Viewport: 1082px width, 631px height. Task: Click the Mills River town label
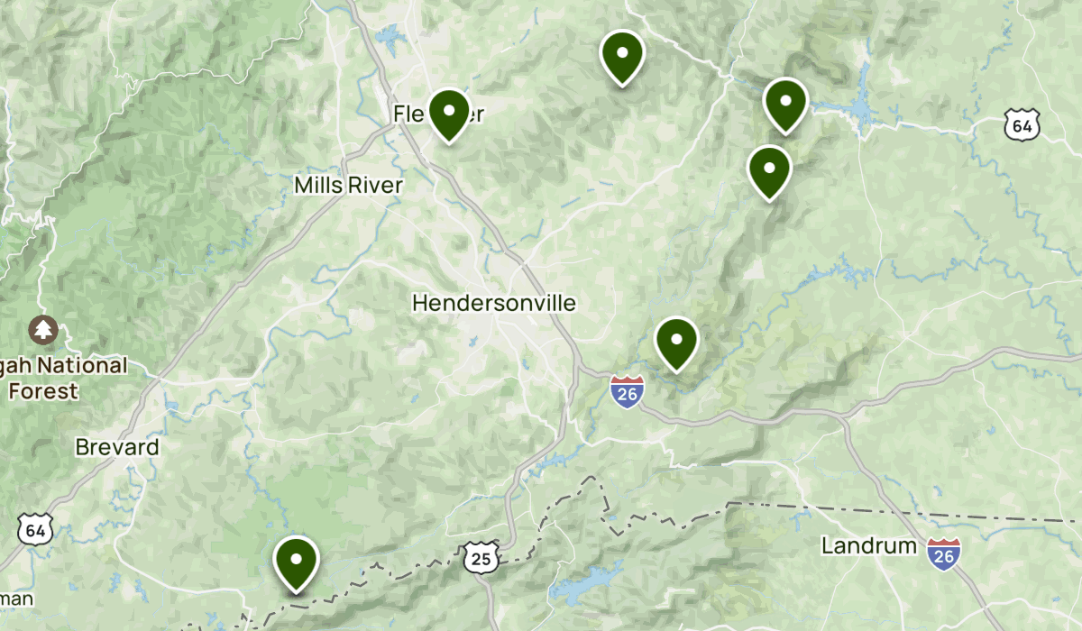pyautogui.click(x=348, y=185)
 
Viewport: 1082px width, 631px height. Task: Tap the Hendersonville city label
pyautogui.click(x=493, y=303)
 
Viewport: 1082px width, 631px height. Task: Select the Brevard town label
pyautogui.click(x=117, y=447)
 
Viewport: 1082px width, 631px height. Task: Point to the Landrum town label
pyautogui.click(x=869, y=545)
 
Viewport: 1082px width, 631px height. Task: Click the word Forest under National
pyautogui.click(x=43, y=391)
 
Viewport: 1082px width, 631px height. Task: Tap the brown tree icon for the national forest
pyautogui.click(x=42, y=330)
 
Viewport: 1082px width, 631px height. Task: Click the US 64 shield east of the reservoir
pyautogui.click(x=1022, y=125)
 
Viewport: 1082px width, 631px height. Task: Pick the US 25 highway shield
pyautogui.click(x=481, y=559)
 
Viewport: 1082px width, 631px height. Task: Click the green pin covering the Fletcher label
pyautogui.click(x=448, y=114)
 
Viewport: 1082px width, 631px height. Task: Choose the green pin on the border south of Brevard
pyautogui.click(x=296, y=562)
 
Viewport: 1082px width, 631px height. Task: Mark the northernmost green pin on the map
pyautogui.click(x=622, y=56)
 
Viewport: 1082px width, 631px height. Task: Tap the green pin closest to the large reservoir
pyautogui.click(x=785, y=104)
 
